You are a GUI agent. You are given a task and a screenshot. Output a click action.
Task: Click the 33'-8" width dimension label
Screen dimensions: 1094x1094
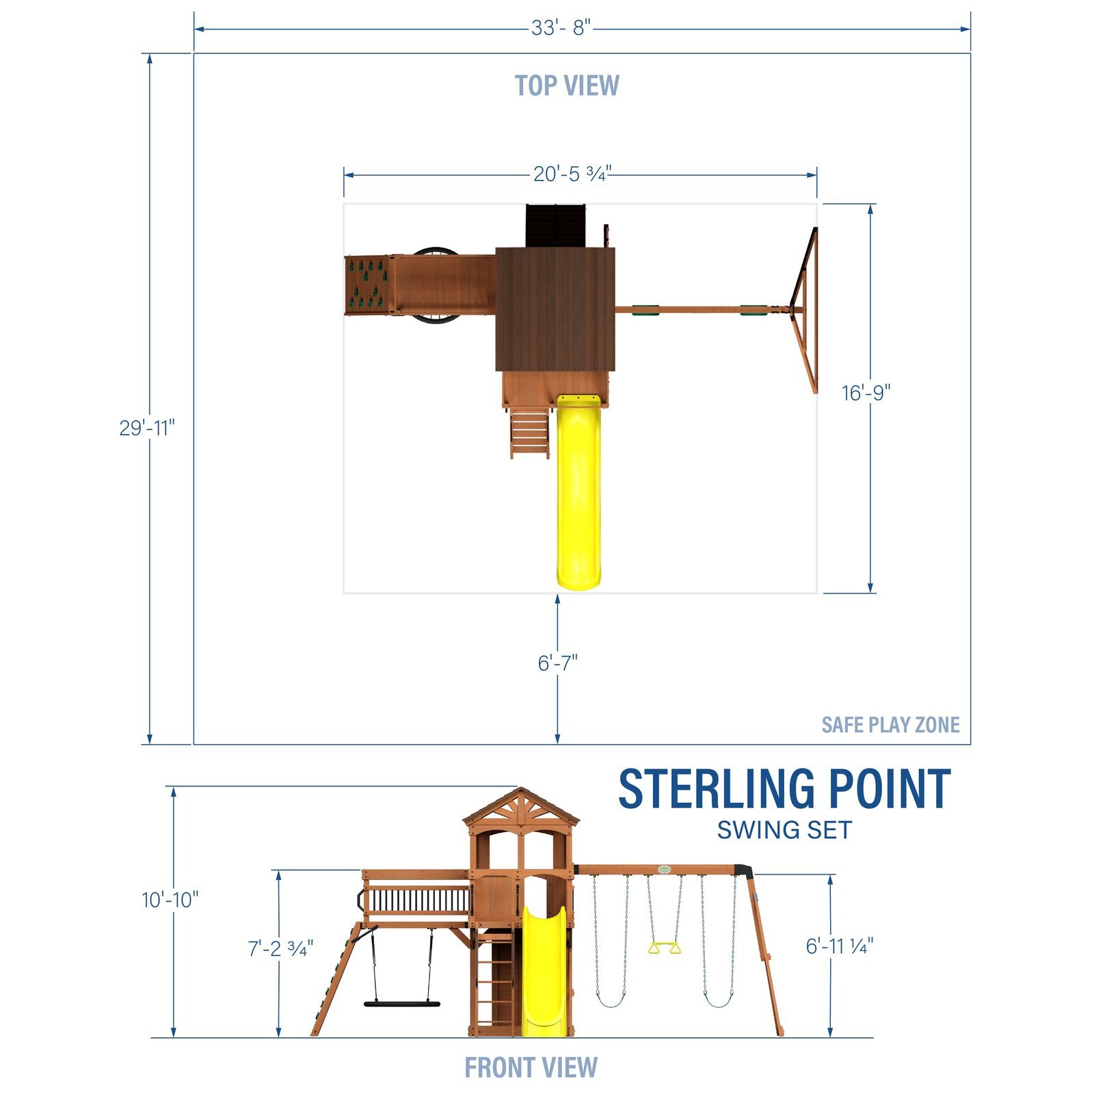[x=561, y=29]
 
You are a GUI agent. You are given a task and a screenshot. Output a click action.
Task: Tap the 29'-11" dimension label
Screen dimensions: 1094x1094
[x=147, y=428]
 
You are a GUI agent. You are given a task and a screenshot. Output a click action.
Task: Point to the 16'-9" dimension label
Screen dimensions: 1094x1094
[x=866, y=393]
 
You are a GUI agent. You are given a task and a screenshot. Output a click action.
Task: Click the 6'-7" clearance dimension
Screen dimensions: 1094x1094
[x=557, y=663]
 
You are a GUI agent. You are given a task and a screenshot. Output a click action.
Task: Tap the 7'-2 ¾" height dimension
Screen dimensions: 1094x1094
[x=280, y=949]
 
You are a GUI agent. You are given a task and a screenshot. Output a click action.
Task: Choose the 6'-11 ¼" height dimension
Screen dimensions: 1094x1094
[x=840, y=946]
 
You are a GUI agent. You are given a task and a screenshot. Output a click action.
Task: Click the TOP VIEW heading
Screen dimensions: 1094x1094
[x=567, y=86]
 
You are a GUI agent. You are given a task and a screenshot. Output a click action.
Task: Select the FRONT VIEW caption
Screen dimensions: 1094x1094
[x=531, y=1067]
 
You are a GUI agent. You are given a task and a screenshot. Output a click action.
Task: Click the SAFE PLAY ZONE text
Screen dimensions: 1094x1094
[x=890, y=725]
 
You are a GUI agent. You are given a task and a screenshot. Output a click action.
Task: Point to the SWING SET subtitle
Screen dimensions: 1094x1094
[x=784, y=831]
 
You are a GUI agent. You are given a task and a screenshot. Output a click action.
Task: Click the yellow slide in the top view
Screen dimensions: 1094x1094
[x=579, y=492]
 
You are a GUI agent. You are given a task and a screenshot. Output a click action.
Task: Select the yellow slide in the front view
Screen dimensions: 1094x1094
[x=544, y=971]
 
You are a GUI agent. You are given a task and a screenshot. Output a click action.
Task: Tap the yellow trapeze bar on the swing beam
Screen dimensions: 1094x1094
[x=664, y=948]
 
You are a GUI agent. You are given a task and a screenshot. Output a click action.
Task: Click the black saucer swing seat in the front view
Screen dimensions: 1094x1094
[x=401, y=1004]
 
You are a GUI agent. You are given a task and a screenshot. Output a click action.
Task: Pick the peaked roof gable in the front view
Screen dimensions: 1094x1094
[x=521, y=807]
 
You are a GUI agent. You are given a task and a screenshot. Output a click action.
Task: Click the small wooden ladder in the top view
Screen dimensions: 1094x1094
[x=529, y=433]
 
